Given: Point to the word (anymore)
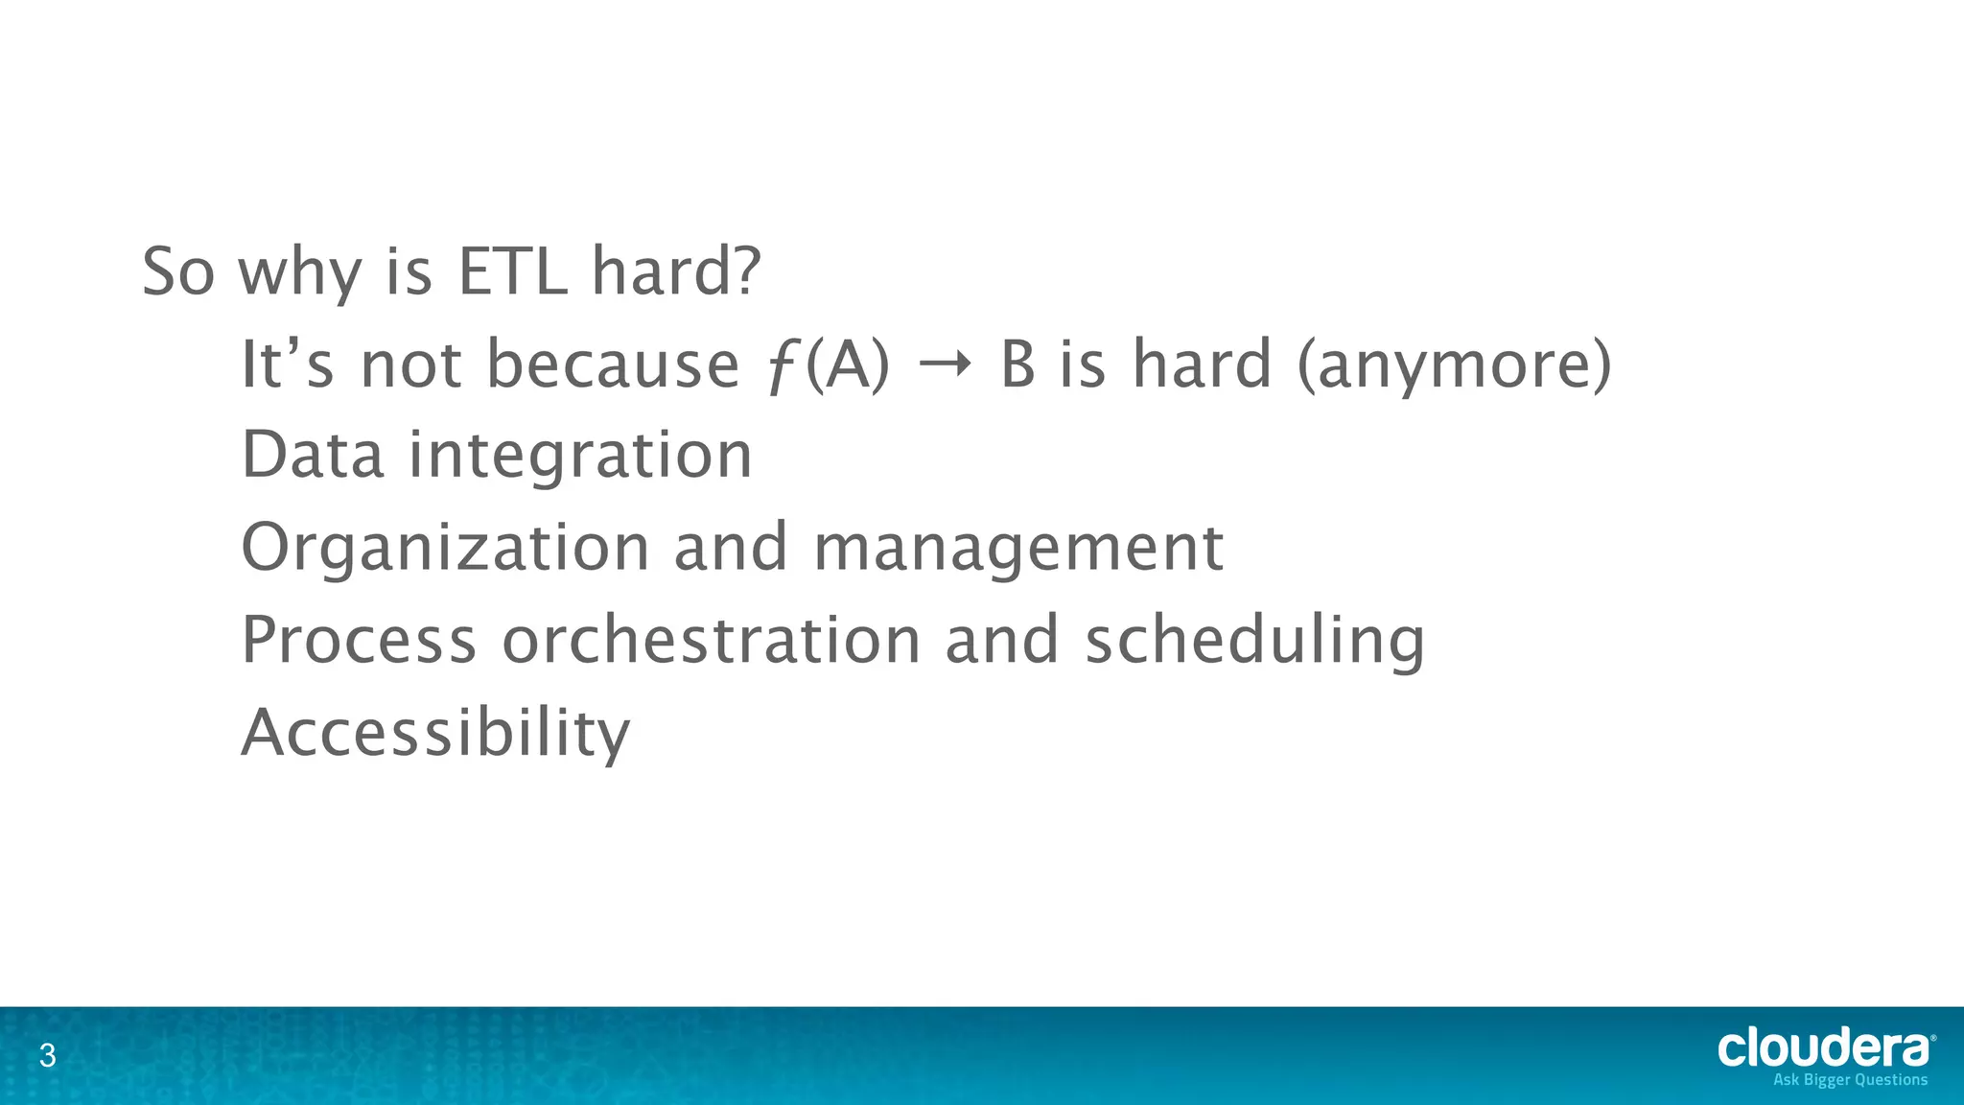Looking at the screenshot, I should (1454, 366).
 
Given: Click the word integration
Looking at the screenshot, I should (580, 457).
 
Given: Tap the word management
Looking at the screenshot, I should (1018, 549).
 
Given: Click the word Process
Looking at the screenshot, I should (359, 640).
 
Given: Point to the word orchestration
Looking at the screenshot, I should (711, 640).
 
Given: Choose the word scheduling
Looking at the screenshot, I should (1254, 642).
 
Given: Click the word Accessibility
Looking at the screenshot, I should (435, 734).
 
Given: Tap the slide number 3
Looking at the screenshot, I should (47, 1057).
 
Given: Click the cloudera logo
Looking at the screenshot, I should (1824, 1048).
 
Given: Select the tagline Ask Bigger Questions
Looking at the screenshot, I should (1850, 1080).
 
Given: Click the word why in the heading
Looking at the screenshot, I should (299, 273).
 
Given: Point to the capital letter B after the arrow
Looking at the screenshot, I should (1017, 365).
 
